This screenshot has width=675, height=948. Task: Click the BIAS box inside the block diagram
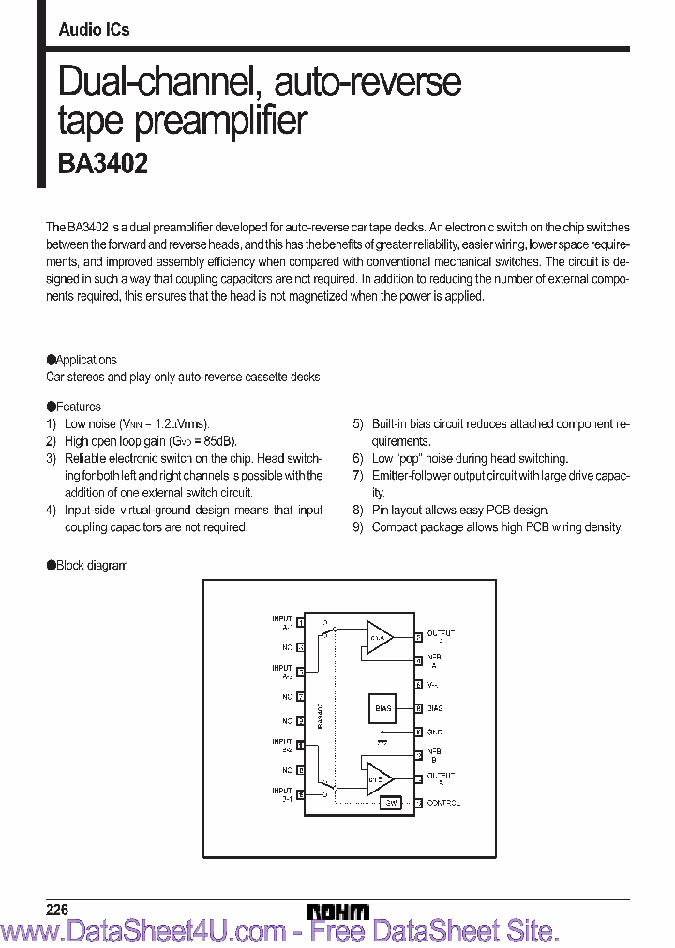point(382,708)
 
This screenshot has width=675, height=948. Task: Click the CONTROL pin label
point(443,803)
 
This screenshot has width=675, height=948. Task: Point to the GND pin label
point(434,732)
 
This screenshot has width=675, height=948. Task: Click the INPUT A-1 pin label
point(282,621)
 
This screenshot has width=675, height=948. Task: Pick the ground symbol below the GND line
point(382,741)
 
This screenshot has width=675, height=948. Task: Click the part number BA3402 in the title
point(103,163)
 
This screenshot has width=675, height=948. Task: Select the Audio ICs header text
point(94,30)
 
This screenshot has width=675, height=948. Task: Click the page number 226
point(57,910)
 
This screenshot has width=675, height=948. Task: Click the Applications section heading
point(85,360)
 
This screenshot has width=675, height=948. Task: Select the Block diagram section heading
point(91,565)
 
